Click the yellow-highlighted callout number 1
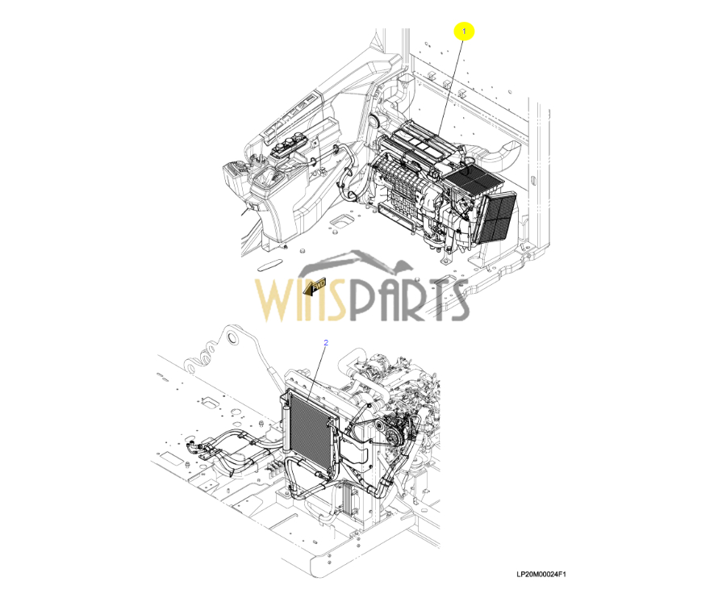pyautogui.click(x=464, y=31)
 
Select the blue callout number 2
pyautogui.click(x=326, y=342)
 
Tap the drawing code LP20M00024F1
pyautogui.click(x=541, y=575)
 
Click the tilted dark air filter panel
pyautogui.click(x=497, y=217)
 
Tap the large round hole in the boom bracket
pyautogui.click(x=233, y=339)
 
